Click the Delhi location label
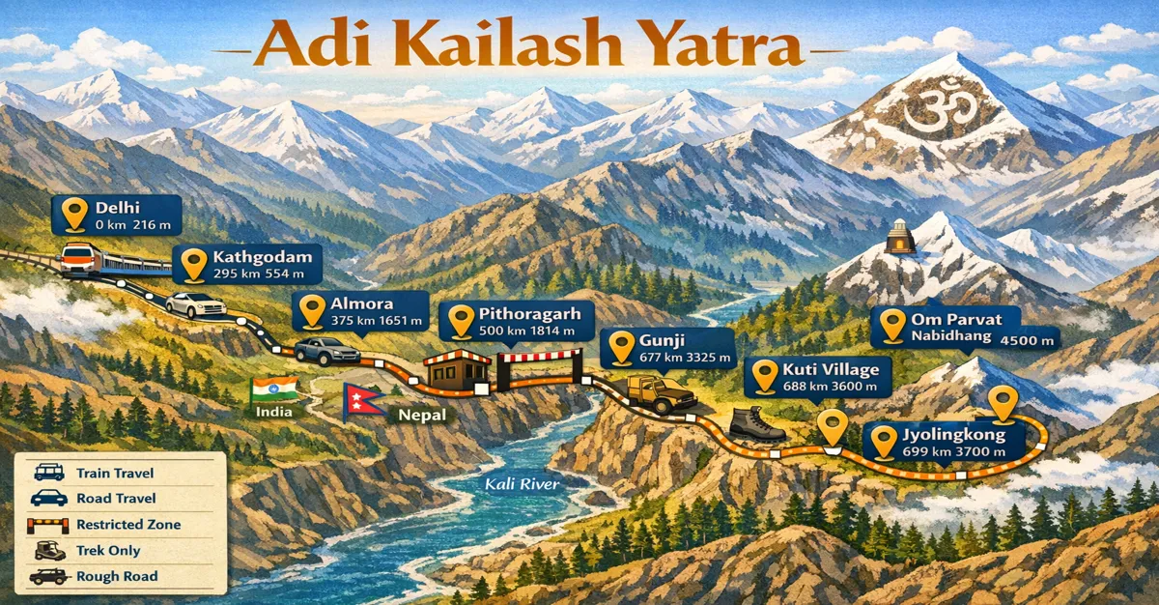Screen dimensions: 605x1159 (x=116, y=214)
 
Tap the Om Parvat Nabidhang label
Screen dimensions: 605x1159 (x=966, y=329)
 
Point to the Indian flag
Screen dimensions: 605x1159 (x=273, y=390)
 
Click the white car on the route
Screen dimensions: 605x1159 (x=195, y=304)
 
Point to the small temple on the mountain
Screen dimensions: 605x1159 (x=899, y=237)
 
